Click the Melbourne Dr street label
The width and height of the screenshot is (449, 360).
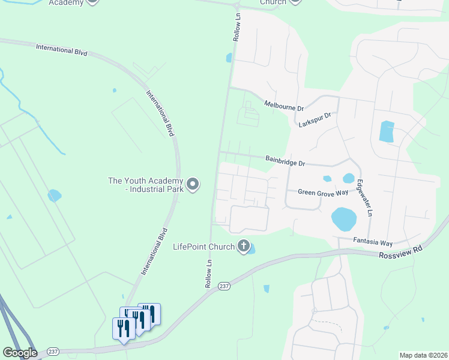point(284,106)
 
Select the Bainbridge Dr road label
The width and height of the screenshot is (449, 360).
point(286,161)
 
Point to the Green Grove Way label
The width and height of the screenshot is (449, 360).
point(324,192)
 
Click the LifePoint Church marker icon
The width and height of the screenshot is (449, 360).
point(243,247)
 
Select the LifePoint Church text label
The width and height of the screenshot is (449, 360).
point(203,247)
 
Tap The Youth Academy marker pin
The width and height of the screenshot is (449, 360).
point(192,184)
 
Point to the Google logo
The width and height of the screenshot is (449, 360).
point(20,353)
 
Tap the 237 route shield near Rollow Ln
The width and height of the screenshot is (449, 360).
point(223,286)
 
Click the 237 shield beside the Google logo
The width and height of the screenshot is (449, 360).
point(52,352)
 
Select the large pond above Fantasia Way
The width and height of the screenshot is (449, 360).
point(343,220)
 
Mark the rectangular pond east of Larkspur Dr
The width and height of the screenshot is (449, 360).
point(387,132)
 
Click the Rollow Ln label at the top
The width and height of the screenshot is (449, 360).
point(237,28)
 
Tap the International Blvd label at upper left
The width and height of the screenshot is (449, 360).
point(61,49)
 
